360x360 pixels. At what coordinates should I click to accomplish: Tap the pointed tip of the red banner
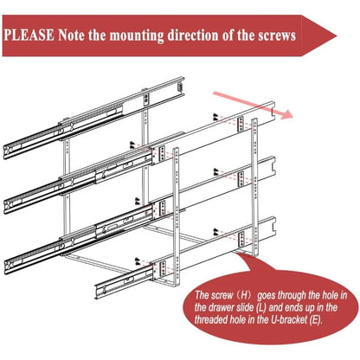tap(336, 35)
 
